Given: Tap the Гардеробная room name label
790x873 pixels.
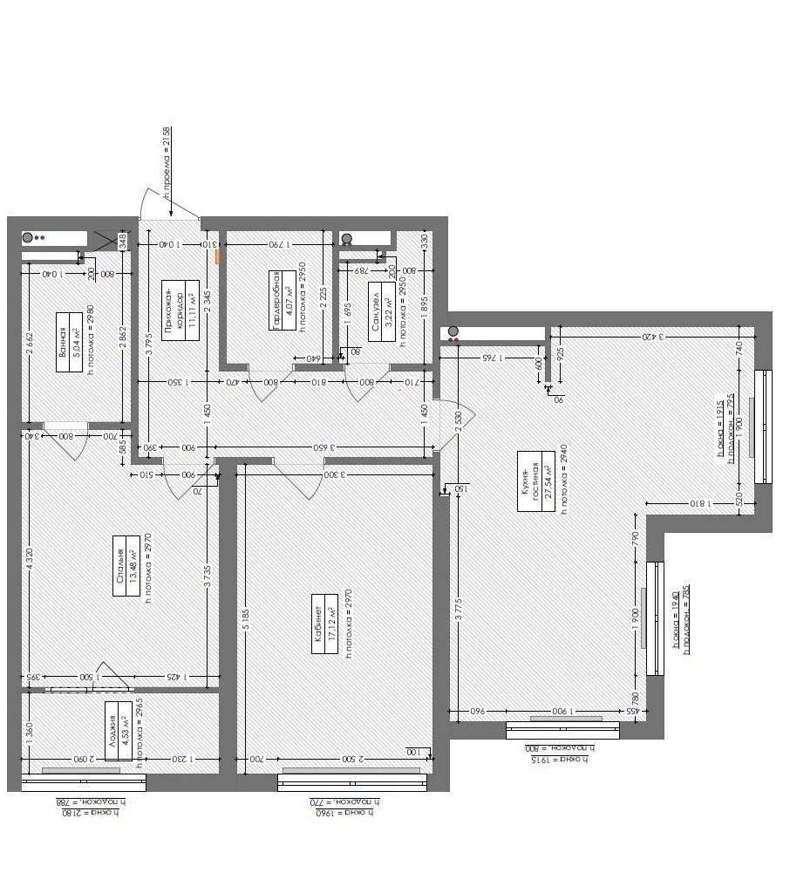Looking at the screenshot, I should coord(276,300).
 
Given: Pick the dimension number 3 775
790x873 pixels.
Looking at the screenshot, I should coord(457,601).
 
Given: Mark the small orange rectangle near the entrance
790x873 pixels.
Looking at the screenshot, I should coord(219,256).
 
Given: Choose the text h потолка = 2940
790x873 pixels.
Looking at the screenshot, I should coord(564,480).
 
